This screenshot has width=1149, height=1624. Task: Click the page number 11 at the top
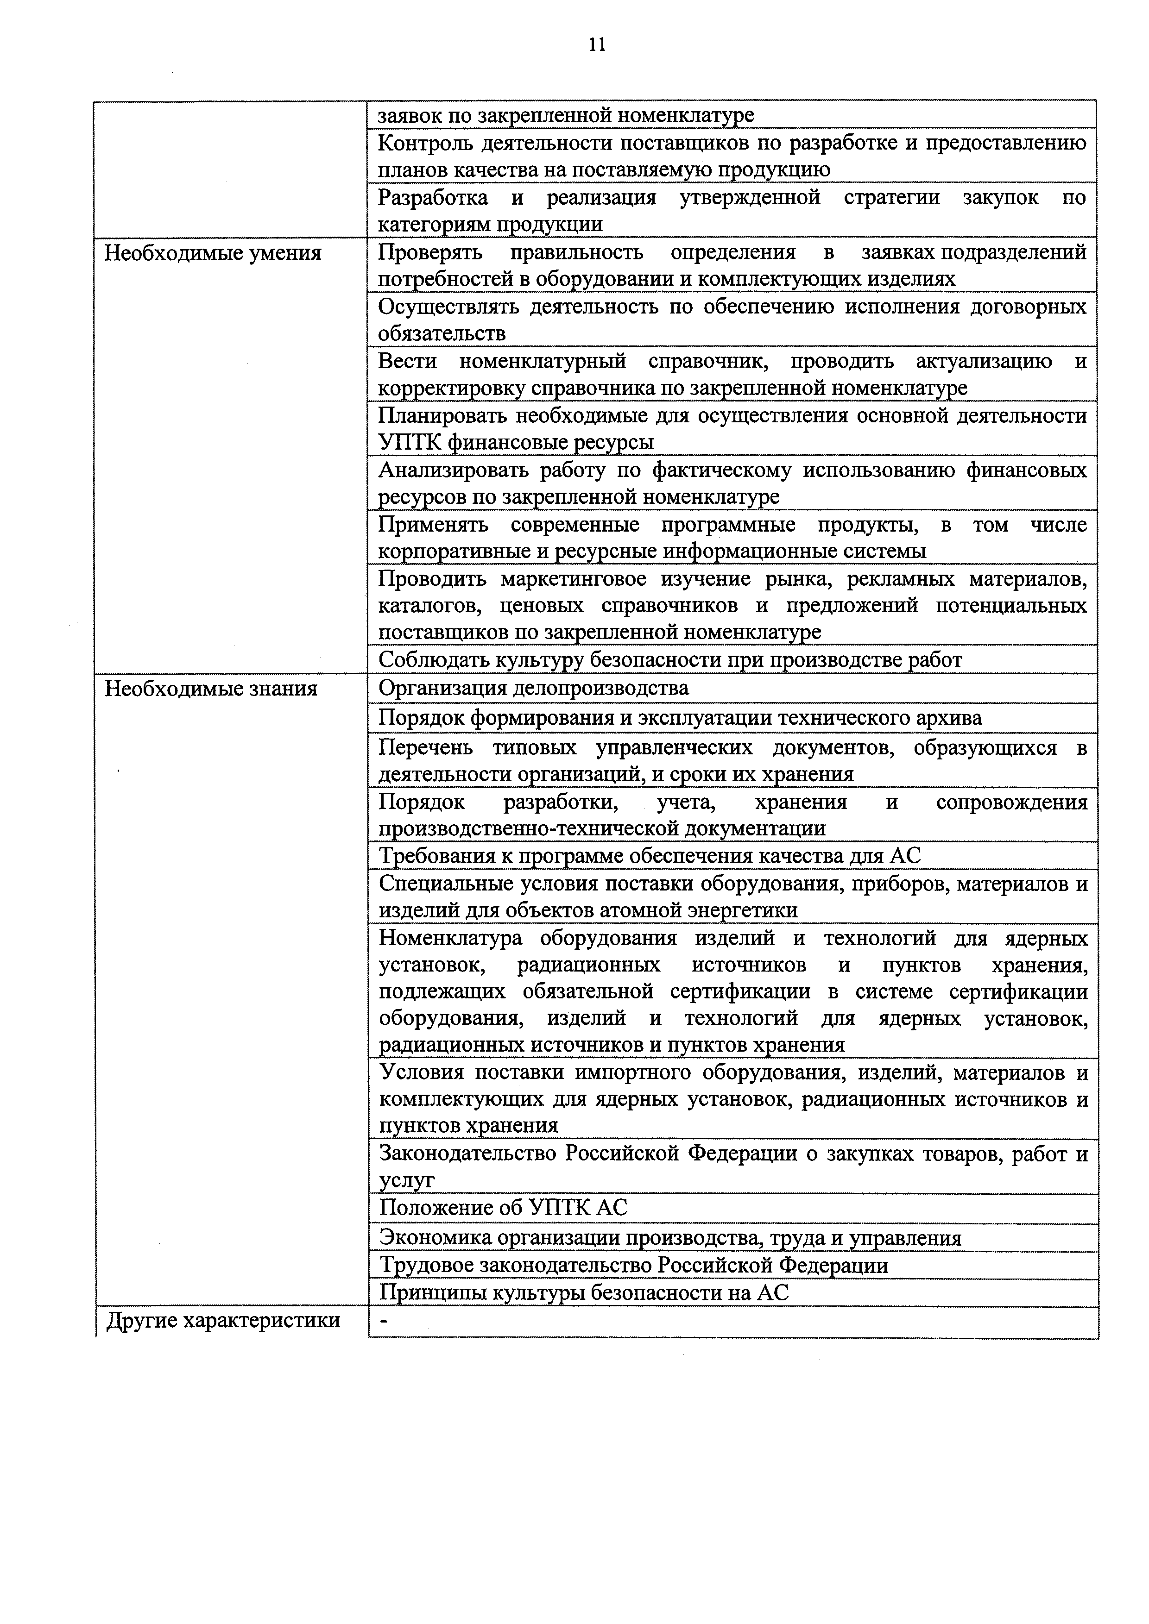(x=596, y=44)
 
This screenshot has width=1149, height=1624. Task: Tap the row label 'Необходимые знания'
(x=211, y=688)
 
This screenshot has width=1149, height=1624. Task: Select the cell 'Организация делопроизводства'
(x=533, y=688)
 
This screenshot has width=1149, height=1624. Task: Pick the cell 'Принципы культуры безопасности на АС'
(x=584, y=1293)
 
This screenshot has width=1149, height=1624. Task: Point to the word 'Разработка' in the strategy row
(x=433, y=198)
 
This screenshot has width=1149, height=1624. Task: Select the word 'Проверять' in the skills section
(x=430, y=252)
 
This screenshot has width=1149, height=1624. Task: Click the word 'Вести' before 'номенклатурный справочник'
(x=407, y=362)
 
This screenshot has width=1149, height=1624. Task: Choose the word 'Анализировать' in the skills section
(x=453, y=470)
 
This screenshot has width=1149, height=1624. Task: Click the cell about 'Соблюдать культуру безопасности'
(x=670, y=660)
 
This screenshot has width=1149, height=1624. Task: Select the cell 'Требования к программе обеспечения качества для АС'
(x=650, y=856)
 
